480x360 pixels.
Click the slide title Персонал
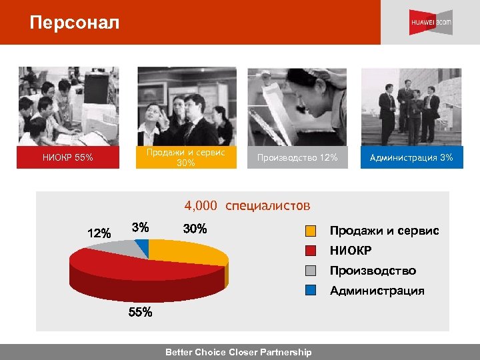click(75, 23)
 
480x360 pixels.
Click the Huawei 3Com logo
click(431, 23)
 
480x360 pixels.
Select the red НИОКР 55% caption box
click(68, 158)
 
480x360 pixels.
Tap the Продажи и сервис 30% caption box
click(186, 157)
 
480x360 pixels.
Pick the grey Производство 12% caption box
click(297, 158)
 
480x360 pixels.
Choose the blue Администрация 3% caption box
click(411, 158)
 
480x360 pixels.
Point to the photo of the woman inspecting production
click(297, 107)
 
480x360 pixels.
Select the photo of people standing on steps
click(411, 107)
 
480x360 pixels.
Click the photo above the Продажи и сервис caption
click(186, 107)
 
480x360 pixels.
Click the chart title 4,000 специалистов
click(247, 205)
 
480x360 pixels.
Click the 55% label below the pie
click(140, 312)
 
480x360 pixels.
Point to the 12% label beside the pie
click(99, 233)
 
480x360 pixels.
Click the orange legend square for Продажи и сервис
click(311, 231)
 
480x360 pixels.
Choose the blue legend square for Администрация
click(311, 291)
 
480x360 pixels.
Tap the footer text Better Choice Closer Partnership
click(238, 352)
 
